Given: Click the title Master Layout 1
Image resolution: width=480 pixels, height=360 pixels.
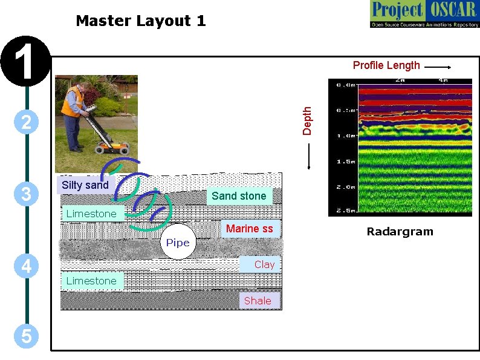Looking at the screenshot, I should pos(140,21).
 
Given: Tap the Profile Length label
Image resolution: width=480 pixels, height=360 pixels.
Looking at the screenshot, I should pos(386,65).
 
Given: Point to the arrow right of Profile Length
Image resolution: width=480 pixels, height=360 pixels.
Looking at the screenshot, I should pos(437,68).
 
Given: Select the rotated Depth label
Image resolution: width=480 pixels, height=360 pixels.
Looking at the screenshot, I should pos(307,120).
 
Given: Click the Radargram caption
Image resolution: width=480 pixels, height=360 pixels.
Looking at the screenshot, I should pos(400,232).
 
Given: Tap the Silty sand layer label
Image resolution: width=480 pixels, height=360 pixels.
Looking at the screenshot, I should pos(85,185).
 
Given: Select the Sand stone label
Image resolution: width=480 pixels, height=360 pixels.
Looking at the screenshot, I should pos(239,195).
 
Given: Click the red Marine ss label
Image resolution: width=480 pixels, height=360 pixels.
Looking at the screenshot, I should pos(249,228).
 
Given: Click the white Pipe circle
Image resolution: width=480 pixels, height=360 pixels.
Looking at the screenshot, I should pos(178,242).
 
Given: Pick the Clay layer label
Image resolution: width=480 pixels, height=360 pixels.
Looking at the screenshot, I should pos(264,264).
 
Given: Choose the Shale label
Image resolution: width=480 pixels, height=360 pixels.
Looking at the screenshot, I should pos(258,301).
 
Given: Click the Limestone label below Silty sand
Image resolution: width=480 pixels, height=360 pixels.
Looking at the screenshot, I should pos(91,214).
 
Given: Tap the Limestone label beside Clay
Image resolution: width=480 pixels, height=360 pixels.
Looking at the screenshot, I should pos(91,281).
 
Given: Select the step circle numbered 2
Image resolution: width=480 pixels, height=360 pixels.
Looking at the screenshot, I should pos(26,122).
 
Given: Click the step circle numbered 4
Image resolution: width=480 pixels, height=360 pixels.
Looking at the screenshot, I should pos(26,266).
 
